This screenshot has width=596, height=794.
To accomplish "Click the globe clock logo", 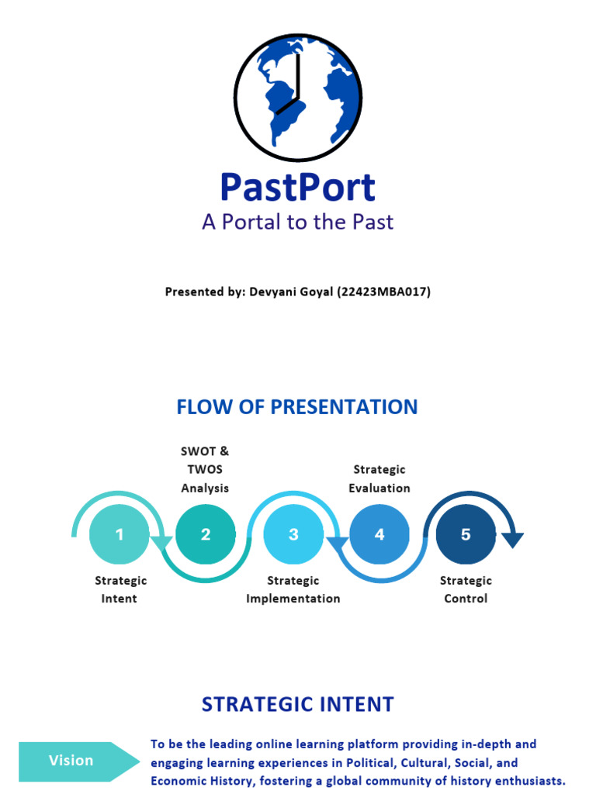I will [x=298, y=98].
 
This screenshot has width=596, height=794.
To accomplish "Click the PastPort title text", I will [x=298, y=188].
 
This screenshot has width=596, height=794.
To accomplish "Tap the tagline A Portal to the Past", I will [x=298, y=222].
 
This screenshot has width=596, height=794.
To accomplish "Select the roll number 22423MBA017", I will [x=384, y=292].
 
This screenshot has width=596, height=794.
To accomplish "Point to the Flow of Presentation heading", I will [x=297, y=406].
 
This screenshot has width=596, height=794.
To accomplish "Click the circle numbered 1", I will [x=120, y=534].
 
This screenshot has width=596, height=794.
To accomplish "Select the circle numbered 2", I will [x=206, y=534].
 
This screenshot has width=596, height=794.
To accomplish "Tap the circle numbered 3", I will [x=293, y=534].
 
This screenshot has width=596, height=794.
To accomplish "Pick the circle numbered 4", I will [x=379, y=534].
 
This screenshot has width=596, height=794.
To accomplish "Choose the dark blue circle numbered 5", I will [x=466, y=534].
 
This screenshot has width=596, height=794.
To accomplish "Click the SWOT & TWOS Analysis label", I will [x=205, y=469].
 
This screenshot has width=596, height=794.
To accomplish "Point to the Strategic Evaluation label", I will [x=379, y=478].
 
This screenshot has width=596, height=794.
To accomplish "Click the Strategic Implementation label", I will [x=293, y=589].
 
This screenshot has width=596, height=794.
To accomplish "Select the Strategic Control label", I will [x=466, y=589].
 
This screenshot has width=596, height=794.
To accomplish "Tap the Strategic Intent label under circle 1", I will [x=120, y=589].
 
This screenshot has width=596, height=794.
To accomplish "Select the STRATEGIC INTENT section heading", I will [x=298, y=704].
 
